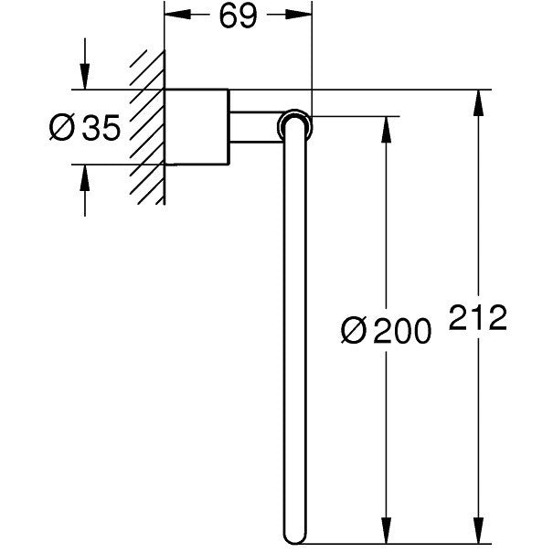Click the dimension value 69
238,16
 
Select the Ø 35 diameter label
85,128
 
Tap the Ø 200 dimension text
386,330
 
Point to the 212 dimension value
478,317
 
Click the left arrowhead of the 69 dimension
177,15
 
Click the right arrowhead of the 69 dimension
299,15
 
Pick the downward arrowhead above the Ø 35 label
85,77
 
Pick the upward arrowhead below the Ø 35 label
85,177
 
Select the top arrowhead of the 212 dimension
478,102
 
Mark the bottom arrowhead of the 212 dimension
478,530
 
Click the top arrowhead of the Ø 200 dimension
387,130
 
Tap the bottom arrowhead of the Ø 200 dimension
387,530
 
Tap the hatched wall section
147,128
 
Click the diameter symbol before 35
62,128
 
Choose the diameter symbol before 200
354,330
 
